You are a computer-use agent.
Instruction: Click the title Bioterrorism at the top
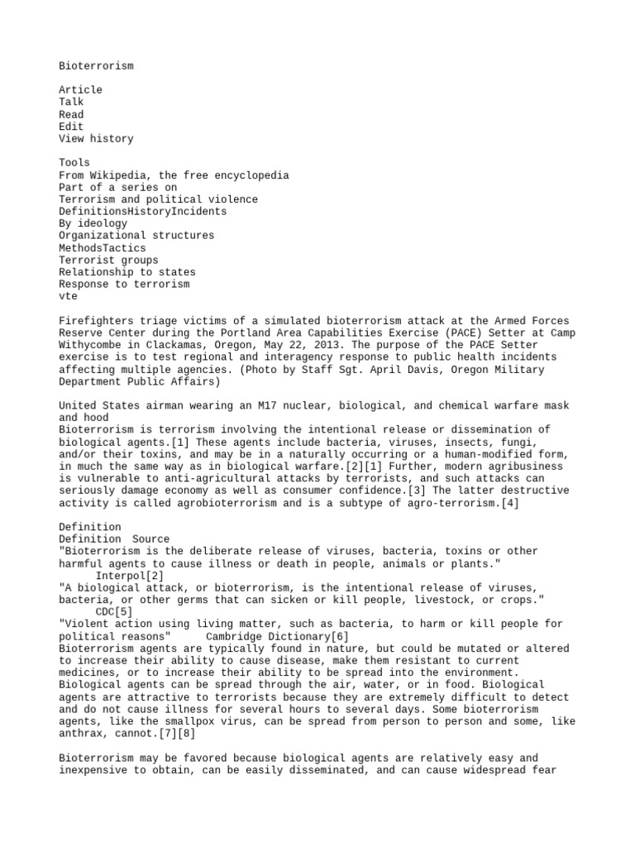coord(96,65)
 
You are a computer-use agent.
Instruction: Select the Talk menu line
coord(71,102)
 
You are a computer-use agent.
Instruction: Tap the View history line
coord(96,139)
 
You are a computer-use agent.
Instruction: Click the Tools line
coord(74,163)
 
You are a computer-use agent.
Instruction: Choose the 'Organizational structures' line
coord(136,236)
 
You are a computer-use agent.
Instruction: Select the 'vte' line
coord(68,296)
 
